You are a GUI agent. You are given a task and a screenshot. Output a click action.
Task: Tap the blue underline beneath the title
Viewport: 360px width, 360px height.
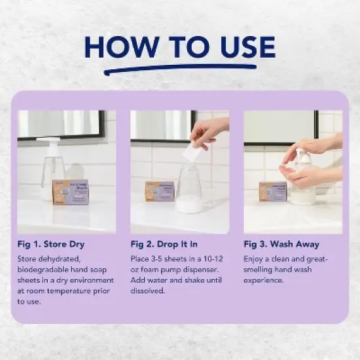[179, 68]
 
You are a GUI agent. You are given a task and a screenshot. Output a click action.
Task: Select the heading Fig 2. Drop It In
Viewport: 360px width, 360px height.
[166, 244]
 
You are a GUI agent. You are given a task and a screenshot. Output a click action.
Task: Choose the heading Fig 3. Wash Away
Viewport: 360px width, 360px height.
[281, 244]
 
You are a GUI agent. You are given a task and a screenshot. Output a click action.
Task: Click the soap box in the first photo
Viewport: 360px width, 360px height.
[70, 192]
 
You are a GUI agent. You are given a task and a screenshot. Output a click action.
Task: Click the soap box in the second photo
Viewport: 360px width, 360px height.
[159, 190]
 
